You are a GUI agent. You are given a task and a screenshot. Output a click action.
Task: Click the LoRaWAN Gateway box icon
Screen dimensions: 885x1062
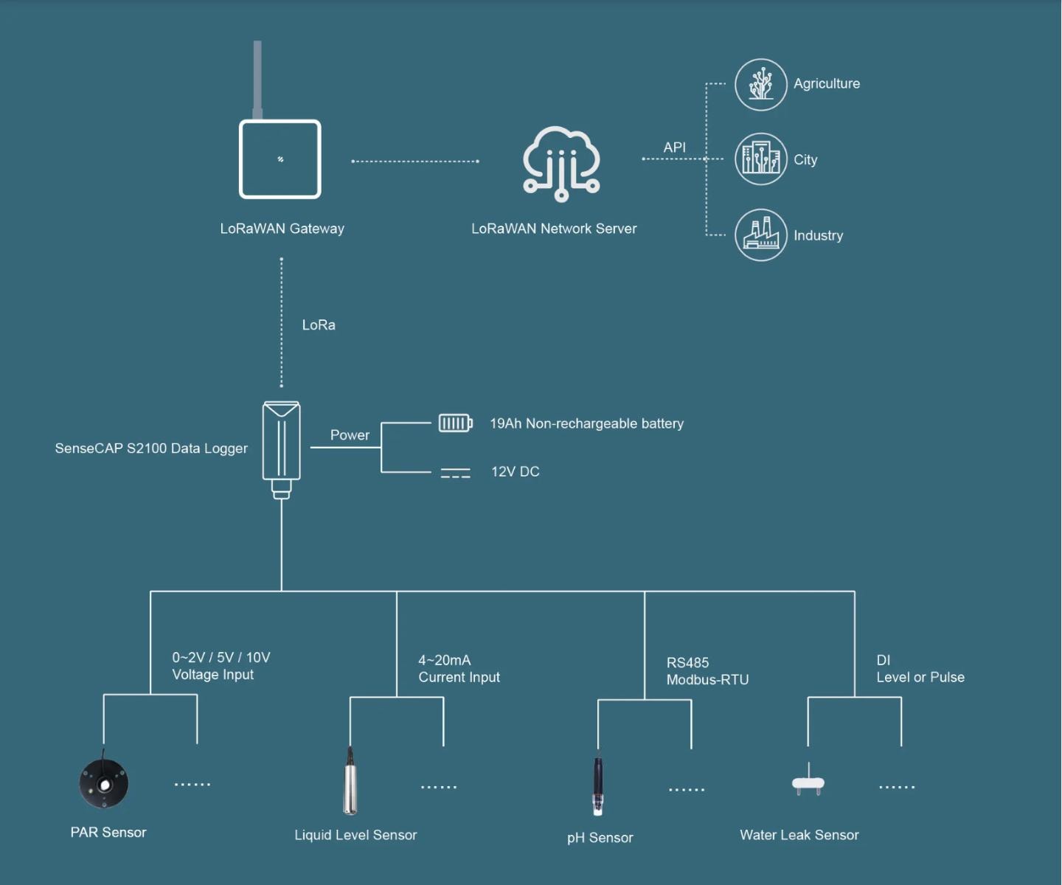coord(280,159)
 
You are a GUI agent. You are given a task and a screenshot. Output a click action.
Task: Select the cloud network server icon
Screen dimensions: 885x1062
coord(561,164)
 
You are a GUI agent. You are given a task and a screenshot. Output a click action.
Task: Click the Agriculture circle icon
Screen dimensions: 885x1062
coord(761,85)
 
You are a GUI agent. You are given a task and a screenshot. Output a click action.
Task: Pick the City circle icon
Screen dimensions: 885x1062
coord(761,159)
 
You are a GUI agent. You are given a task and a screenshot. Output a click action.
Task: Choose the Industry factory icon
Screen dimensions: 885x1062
coord(761,235)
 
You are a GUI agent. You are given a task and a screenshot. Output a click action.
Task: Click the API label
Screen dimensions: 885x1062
coord(674,147)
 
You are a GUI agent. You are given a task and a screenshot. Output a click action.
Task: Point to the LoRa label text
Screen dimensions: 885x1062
coord(319,325)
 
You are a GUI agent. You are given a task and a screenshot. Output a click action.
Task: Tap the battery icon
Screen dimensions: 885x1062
coord(455,423)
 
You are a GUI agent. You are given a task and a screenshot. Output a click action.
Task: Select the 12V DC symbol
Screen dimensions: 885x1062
coord(455,473)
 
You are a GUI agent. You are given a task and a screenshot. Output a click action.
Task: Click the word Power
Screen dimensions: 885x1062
coord(350,435)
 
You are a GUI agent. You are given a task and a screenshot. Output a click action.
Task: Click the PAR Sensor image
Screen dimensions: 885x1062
coord(104,783)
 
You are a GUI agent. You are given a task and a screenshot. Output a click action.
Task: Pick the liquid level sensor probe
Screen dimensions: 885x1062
coord(350,782)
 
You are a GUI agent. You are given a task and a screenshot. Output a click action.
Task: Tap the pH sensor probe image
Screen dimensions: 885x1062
coord(598,786)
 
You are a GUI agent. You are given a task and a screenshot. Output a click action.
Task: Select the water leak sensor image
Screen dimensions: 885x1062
coord(808,783)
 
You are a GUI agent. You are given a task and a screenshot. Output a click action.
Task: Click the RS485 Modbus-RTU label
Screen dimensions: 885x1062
coord(707,671)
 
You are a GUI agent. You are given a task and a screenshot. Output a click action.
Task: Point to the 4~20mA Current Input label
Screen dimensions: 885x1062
coord(459,669)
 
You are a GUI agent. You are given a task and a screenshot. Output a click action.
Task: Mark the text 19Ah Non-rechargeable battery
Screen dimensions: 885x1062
coord(586,423)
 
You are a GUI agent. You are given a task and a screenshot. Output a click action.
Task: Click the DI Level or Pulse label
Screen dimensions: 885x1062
coord(920,669)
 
